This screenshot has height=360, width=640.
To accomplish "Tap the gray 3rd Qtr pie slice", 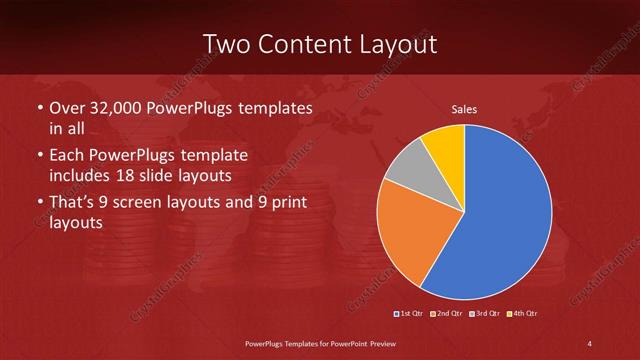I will (x=409, y=170).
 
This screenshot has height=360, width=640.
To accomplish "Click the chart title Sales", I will (x=464, y=108).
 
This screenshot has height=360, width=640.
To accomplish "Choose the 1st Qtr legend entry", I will (x=410, y=314).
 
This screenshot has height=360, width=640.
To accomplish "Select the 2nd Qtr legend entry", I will (x=447, y=314).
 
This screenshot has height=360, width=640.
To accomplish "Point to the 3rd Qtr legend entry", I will (x=486, y=314).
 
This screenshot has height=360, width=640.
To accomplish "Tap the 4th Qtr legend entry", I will (x=524, y=314).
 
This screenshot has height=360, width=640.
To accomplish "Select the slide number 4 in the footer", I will (x=590, y=344).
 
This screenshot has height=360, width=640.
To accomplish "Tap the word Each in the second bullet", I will (x=67, y=156).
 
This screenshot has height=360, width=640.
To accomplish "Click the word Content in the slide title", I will (x=304, y=44).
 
